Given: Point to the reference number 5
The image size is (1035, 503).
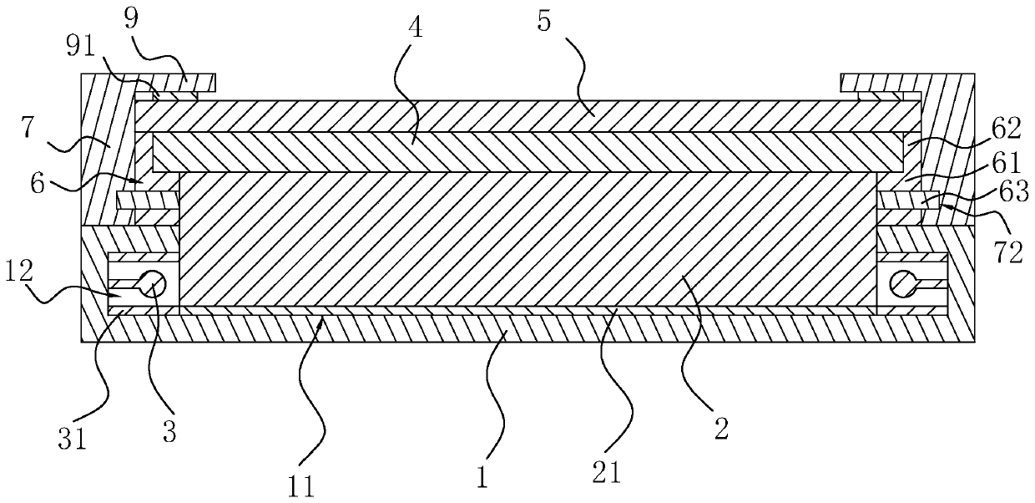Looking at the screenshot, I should (x=543, y=22).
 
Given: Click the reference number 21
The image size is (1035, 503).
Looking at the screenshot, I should (x=606, y=474).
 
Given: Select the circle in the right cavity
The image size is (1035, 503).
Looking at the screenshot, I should (x=902, y=283).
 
